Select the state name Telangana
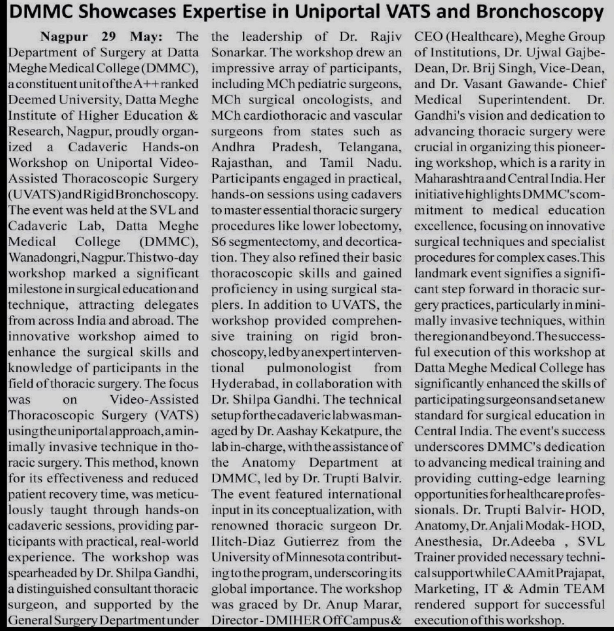pyautogui.click(x=369, y=147)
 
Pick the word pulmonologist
pyautogui.click(x=309, y=368)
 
